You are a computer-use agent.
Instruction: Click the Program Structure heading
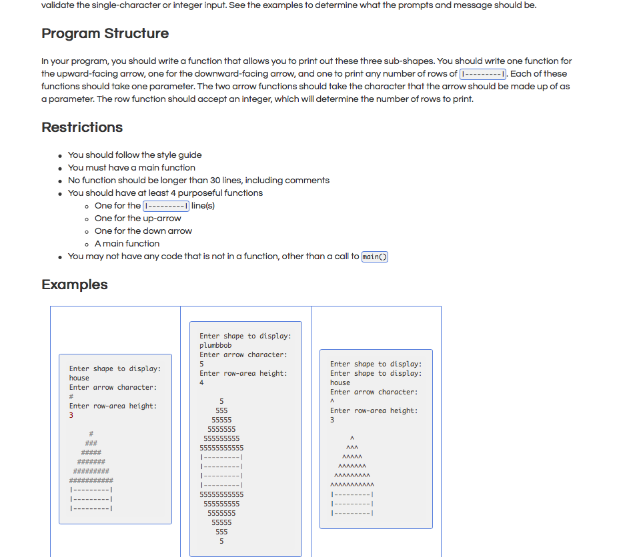tap(105, 33)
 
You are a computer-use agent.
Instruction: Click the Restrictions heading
tap(82, 127)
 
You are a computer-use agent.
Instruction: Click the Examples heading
tap(75, 284)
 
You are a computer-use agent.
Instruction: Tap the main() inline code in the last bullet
tap(374, 257)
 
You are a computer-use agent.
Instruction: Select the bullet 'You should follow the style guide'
tap(135, 155)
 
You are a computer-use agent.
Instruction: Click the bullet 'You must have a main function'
tap(131, 167)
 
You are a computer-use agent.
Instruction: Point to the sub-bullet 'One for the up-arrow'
tap(137, 218)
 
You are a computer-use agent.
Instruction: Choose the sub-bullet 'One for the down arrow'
tap(143, 231)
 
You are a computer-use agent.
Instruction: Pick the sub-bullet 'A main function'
tap(127, 243)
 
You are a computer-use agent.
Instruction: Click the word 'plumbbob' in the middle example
tap(215, 345)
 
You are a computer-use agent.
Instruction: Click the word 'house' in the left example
tap(79, 378)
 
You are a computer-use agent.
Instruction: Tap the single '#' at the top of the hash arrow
tap(91, 434)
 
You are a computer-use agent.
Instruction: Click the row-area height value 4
tap(201, 382)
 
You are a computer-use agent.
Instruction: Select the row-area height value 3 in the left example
tap(71, 415)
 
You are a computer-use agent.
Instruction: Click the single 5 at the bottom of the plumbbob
tap(221, 541)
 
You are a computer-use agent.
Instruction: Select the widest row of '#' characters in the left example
tap(91, 480)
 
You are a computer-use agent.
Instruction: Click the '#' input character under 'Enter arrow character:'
tap(71, 396)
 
